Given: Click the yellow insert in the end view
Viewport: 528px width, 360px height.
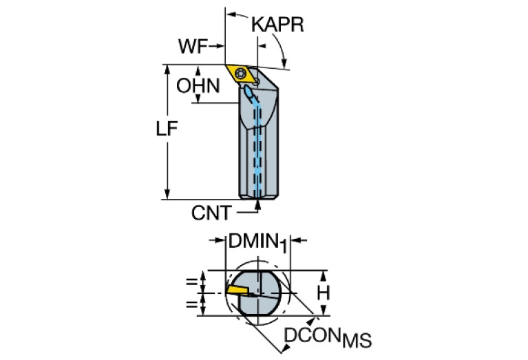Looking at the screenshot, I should [x=237, y=291].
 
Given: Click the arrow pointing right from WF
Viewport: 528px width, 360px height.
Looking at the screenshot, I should [x=221, y=46].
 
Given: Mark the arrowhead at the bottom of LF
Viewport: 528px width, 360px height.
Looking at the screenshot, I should [x=168, y=195].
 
